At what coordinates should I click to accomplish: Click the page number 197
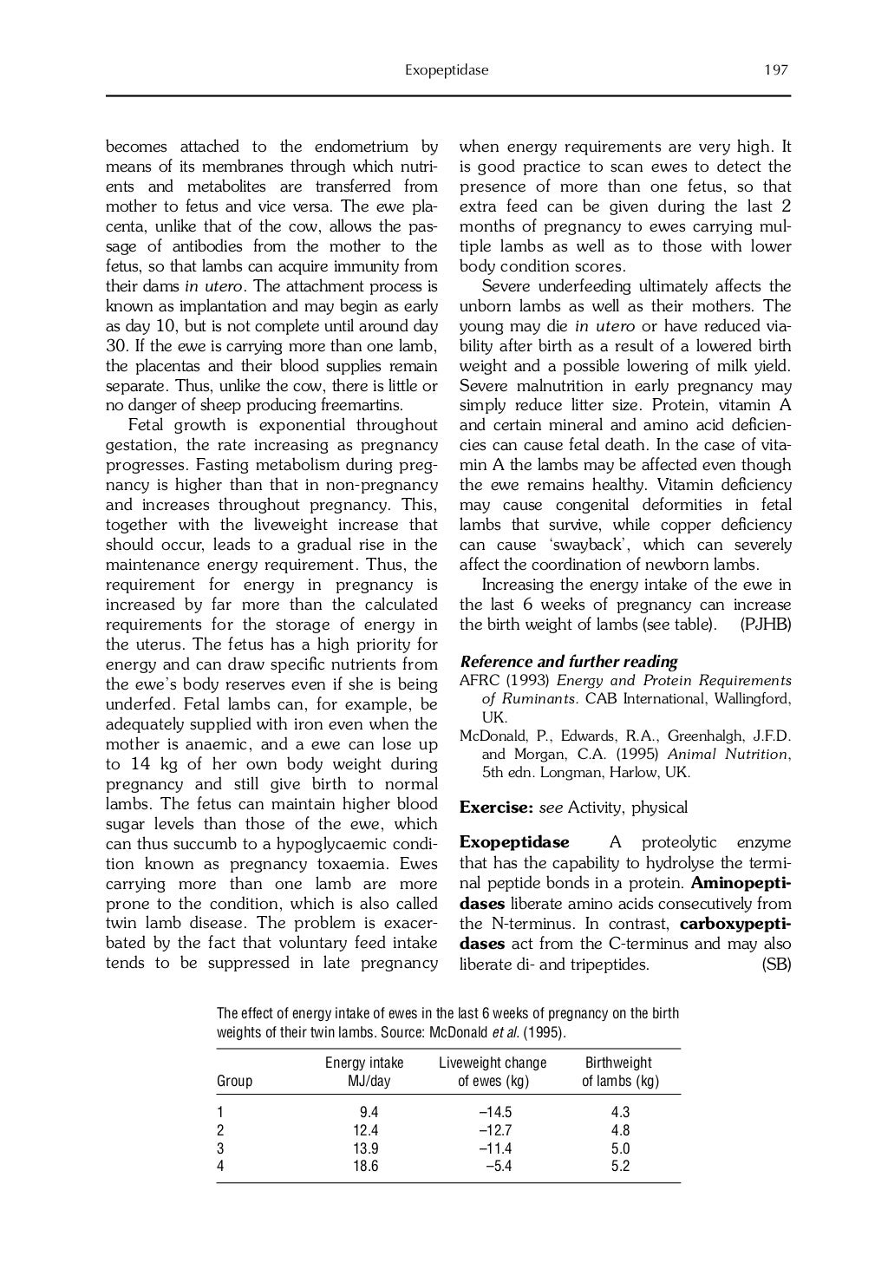(x=776, y=70)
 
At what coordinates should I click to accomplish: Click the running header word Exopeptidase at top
(x=446, y=70)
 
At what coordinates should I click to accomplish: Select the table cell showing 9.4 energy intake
(x=369, y=1112)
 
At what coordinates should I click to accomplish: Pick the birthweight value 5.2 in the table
(x=620, y=1166)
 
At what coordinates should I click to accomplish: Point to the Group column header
(x=234, y=1081)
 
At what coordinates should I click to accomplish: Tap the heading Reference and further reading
(x=568, y=662)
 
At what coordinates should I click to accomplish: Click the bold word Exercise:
(x=496, y=808)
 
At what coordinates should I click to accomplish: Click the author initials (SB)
(x=775, y=964)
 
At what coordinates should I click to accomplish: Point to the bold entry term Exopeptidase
(x=514, y=842)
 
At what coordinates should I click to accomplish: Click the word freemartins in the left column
(x=361, y=406)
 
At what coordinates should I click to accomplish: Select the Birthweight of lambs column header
(x=619, y=1071)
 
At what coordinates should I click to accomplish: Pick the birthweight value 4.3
(x=620, y=1112)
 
